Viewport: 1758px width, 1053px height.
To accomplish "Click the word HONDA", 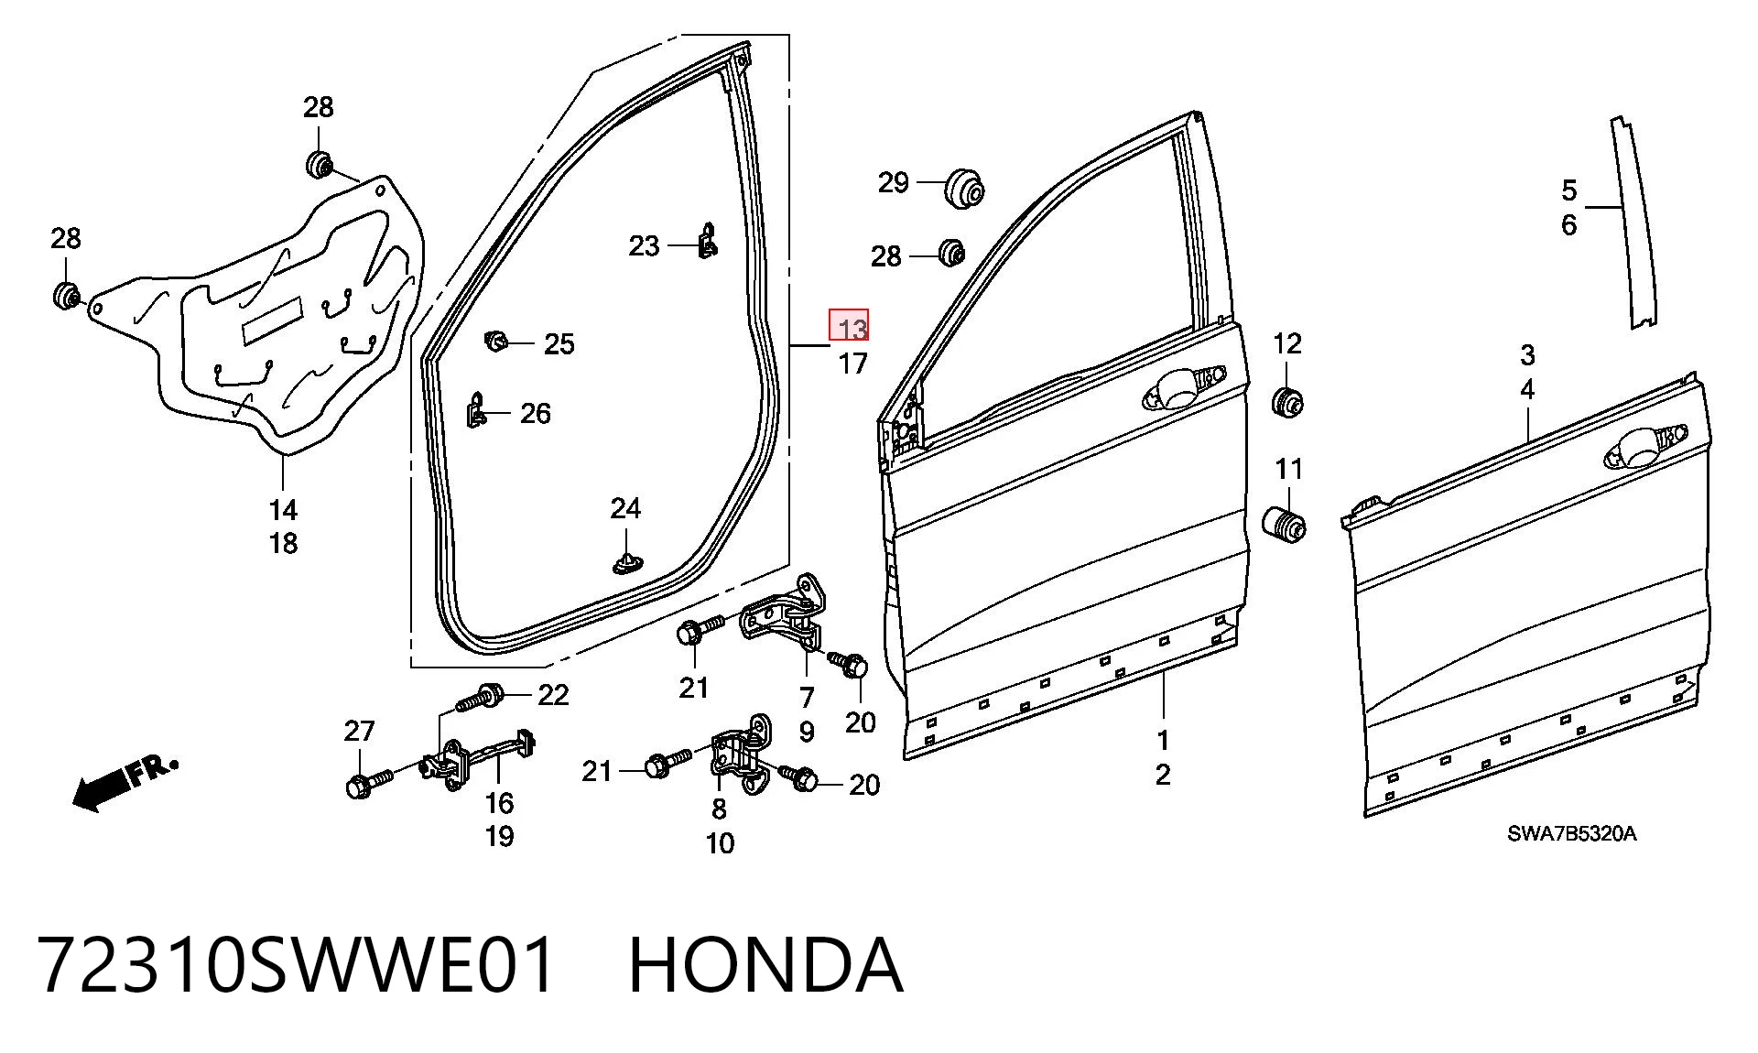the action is point(766,965).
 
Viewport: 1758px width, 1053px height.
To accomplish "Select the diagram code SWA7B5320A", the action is point(1571,834).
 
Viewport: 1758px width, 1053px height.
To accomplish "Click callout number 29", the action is point(894,182).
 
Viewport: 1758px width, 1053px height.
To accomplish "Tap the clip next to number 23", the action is point(707,240).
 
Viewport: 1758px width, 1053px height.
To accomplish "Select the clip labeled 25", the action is point(495,342).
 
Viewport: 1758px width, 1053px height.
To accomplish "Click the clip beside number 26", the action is point(476,410).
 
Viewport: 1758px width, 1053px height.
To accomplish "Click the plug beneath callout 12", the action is point(1287,402).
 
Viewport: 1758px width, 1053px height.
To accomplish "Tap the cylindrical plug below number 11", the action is point(1284,524).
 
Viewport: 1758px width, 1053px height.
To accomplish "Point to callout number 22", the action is point(552,695).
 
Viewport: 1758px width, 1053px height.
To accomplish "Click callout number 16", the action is point(499,803).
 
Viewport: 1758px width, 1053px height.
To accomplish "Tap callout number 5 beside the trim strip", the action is point(1568,190).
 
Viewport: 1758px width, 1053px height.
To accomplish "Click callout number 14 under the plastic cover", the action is point(283,509).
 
